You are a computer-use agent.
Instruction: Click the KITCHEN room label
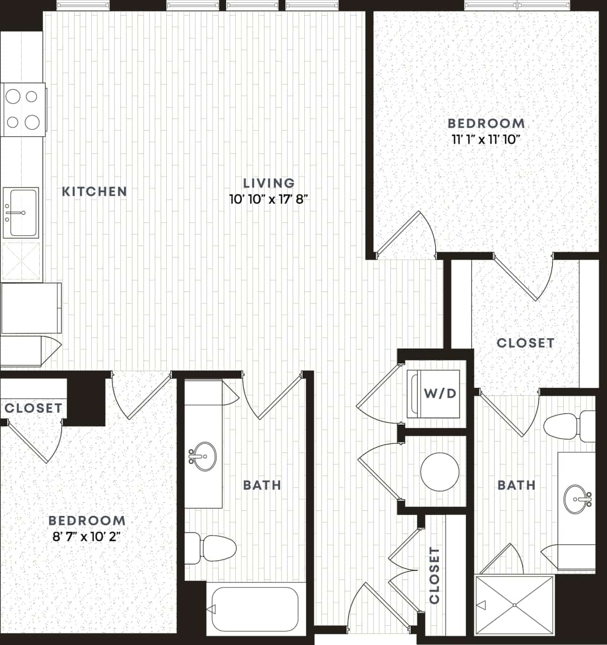click(x=94, y=192)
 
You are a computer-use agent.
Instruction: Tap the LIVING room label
click(x=268, y=183)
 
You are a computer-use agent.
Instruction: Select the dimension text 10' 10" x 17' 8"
click(x=268, y=199)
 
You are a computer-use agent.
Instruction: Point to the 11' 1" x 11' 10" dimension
click(x=486, y=140)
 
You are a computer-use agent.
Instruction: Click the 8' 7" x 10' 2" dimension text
click(x=87, y=537)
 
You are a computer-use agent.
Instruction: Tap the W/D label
click(x=440, y=393)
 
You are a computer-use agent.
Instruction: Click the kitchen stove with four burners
click(x=23, y=109)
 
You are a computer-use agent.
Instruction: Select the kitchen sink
click(x=21, y=212)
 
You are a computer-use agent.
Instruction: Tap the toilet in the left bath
click(x=212, y=548)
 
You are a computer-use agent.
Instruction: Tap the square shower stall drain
click(x=514, y=605)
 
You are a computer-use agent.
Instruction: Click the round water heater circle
click(x=440, y=472)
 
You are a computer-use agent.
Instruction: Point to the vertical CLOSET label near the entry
click(x=435, y=575)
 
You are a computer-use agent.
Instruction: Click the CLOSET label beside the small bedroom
click(x=34, y=408)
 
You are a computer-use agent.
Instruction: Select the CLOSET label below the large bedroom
click(x=525, y=343)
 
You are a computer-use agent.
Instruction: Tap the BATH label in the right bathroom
click(x=516, y=485)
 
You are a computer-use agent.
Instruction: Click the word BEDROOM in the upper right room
click(x=486, y=123)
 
